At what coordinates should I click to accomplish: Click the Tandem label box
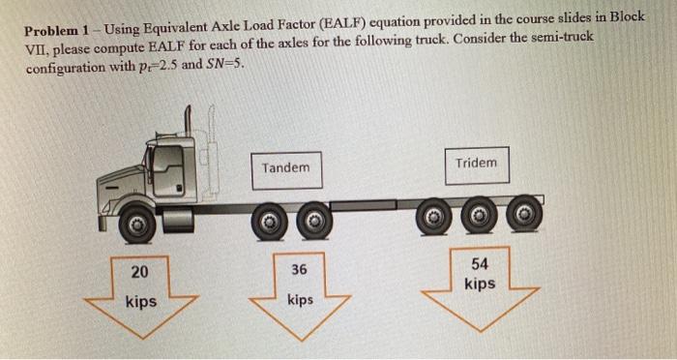coord(286,168)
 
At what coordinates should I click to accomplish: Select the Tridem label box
coord(476,164)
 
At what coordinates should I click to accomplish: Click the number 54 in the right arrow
coord(480,263)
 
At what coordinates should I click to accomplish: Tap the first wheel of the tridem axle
coord(435,215)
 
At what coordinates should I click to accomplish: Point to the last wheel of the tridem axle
coord(522,213)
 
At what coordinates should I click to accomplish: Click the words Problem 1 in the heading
coord(60,29)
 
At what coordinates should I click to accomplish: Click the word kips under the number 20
coord(141,302)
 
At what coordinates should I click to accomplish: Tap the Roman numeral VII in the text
coord(41,48)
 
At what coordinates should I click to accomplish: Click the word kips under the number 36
coord(300,300)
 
